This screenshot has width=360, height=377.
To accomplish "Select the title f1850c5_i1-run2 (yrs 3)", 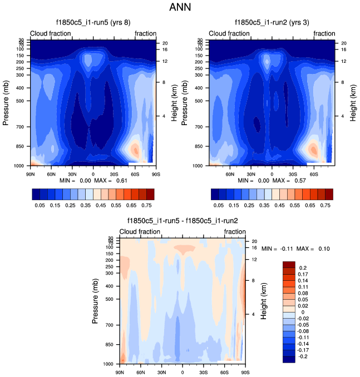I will pos(272,23).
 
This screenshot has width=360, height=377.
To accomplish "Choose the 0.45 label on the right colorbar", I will pos(273,205).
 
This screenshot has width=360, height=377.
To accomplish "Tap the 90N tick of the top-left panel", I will pos(30,172).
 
